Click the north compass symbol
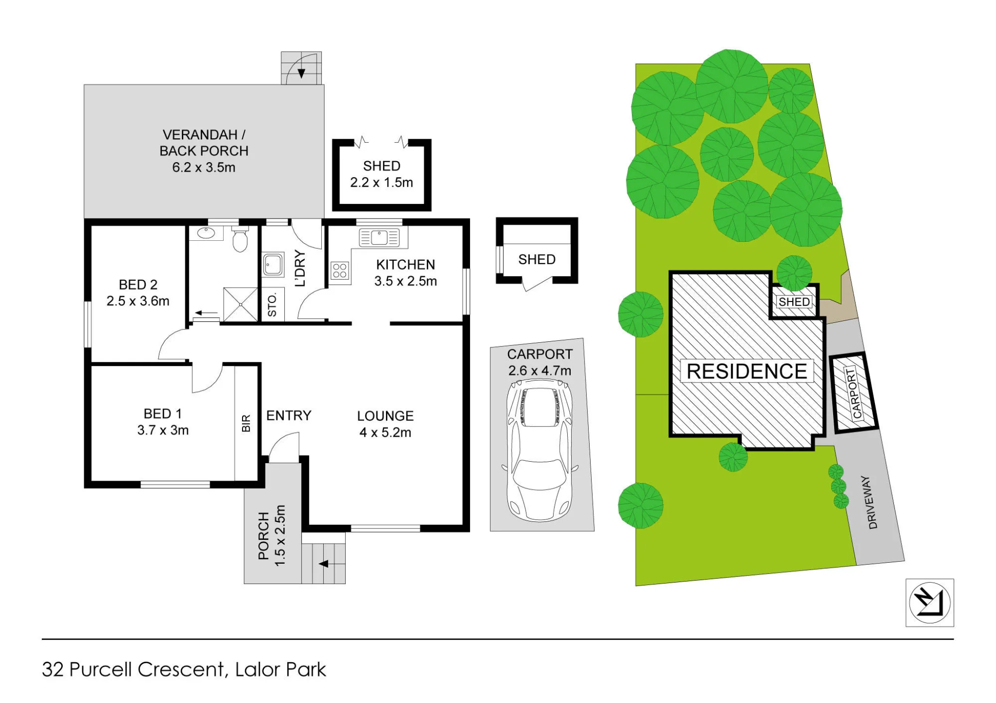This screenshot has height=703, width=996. tap(929, 603)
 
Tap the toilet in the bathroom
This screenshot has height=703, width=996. tap(240, 239)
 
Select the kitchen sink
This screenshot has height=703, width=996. tap(379, 237)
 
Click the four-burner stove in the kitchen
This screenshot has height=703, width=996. tap(340, 271)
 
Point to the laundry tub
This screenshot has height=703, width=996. tap(273, 264)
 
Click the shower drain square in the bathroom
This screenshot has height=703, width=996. tap(241, 304)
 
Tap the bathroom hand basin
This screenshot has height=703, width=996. tap(206, 233)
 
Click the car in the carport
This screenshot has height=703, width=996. tap(539, 450)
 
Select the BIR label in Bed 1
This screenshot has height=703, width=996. tap(246, 423)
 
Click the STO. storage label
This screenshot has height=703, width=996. tap(272, 305)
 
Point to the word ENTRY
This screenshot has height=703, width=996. tap(289, 415)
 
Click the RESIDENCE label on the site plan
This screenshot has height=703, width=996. tap(747, 371)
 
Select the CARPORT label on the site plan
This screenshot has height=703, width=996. tap(854, 393)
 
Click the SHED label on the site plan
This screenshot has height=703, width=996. tap(794, 302)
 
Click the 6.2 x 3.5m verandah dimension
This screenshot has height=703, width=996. tap(204, 167)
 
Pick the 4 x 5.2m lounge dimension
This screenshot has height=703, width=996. tap(385, 432)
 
